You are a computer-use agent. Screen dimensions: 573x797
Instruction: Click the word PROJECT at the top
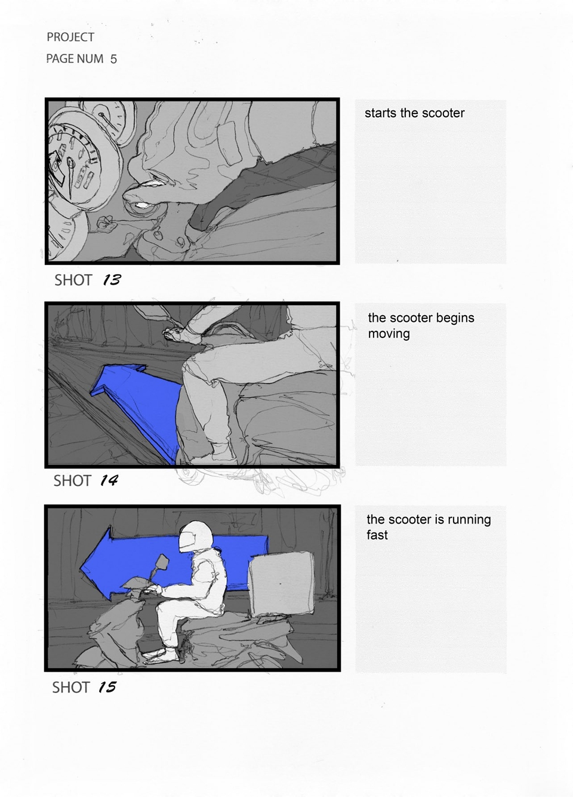[70, 37]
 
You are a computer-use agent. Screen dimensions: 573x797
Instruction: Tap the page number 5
[113, 59]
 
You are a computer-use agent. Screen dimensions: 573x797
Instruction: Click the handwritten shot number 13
[112, 280]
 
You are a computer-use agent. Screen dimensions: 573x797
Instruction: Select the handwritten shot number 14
[109, 481]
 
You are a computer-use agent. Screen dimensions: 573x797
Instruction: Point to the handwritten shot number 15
[107, 687]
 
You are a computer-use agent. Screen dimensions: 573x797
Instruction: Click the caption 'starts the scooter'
[415, 113]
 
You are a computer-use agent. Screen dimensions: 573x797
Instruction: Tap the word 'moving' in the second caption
[389, 334]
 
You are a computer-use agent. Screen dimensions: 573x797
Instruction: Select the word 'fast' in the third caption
[377, 535]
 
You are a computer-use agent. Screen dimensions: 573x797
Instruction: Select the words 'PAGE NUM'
[75, 59]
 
